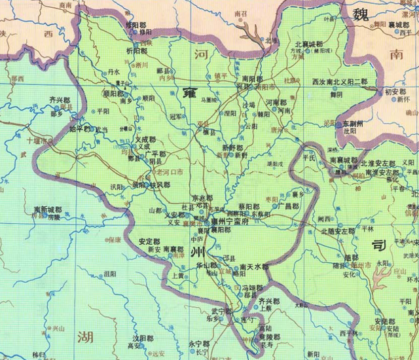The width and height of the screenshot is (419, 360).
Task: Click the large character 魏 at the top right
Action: tap(360, 14)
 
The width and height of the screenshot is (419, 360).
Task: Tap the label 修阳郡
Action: tap(137, 24)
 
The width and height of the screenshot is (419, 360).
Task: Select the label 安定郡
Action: tap(150, 242)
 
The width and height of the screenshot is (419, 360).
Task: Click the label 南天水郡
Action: tap(254, 267)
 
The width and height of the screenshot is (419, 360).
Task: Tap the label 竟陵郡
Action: tap(267, 336)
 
